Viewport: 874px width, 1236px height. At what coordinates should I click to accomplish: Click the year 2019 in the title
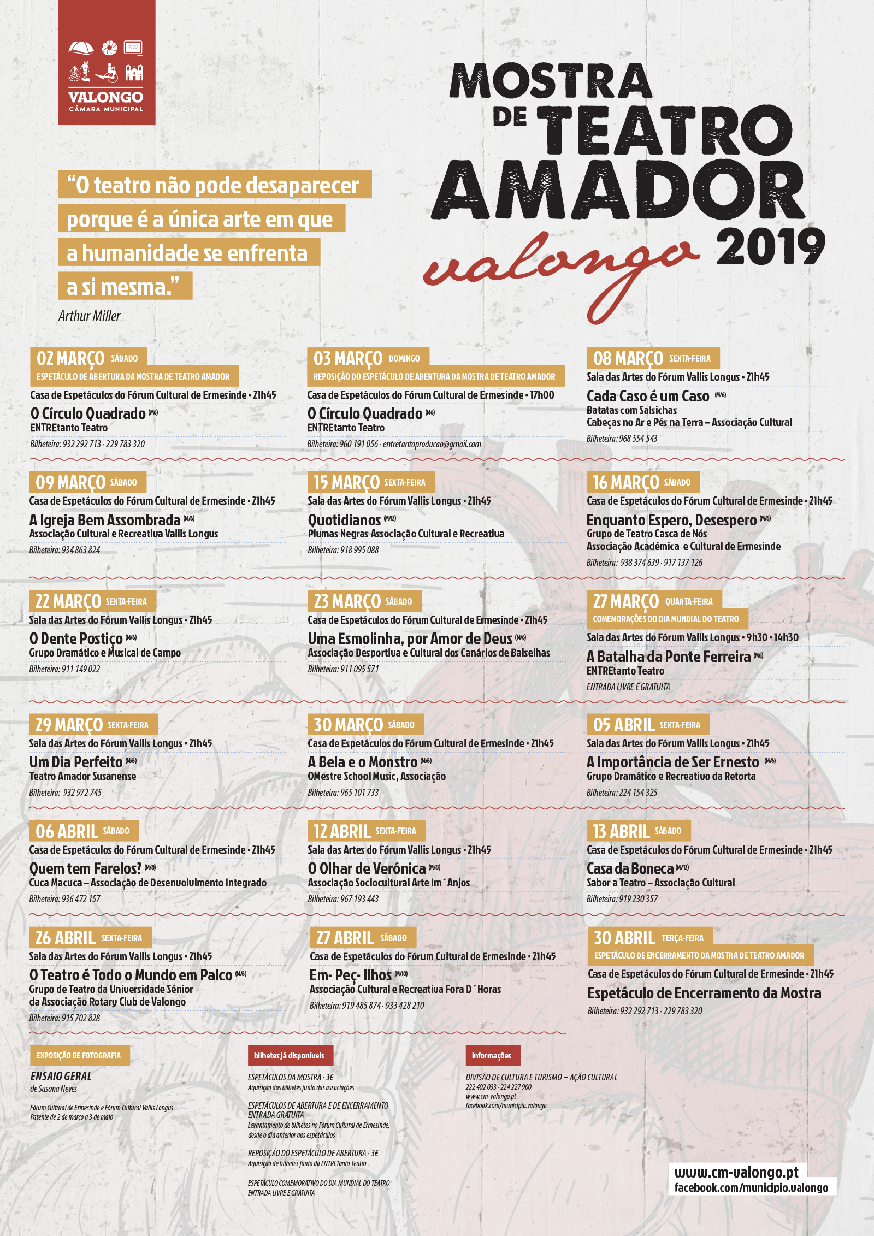[770, 247]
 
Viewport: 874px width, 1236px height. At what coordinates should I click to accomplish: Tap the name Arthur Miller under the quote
[89, 316]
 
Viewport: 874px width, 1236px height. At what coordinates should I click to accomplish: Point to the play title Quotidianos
[344, 520]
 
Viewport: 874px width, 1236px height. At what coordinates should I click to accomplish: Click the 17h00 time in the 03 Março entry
[542, 395]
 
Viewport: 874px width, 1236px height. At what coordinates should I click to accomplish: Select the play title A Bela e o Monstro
[363, 762]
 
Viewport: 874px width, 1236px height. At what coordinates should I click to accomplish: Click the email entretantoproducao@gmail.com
[432, 444]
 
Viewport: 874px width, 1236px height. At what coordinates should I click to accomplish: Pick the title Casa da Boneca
[630, 868]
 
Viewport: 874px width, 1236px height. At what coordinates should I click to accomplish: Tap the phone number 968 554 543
[638, 439]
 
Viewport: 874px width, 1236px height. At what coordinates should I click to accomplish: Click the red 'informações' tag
[492, 1056]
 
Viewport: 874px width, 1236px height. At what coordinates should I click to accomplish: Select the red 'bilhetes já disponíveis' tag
[289, 1056]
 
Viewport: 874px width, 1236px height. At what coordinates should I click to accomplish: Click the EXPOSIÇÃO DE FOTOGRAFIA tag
[79, 1056]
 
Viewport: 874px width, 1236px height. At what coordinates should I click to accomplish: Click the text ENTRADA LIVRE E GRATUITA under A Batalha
[628, 687]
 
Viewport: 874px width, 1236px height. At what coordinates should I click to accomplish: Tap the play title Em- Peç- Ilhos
[351, 975]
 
